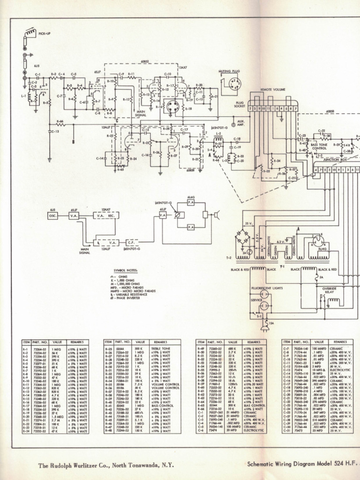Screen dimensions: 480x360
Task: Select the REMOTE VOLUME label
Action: pyautogui.click(x=273, y=89)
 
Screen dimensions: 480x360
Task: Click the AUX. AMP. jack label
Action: pyautogui.click(x=241, y=124)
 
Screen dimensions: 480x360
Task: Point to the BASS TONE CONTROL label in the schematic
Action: pyautogui.click(x=319, y=147)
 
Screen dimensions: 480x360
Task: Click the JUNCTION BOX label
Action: pyautogui.click(x=334, y=159)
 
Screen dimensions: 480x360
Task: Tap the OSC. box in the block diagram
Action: pyautogui.click(x=52, y=215)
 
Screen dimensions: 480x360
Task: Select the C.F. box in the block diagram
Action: pyautogui.click(x=131, y=242)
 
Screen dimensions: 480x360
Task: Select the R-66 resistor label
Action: pyautogui.click(x=60, y=121)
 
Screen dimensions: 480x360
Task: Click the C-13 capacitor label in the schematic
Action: pyautogui.click(x=55, y=132)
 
